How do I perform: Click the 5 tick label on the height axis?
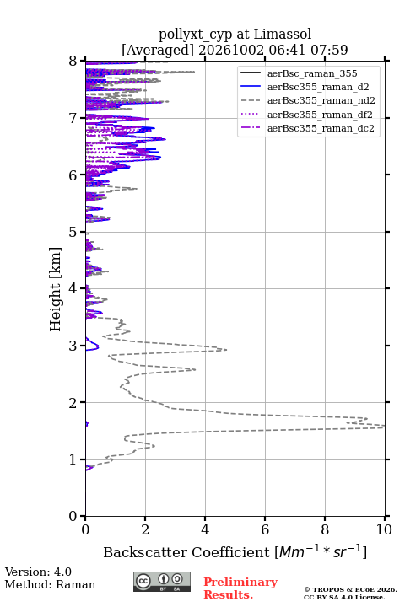73,232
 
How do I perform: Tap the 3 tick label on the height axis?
73,346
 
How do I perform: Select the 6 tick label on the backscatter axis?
265,529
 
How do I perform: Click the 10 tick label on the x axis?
384,529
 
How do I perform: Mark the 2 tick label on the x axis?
145,529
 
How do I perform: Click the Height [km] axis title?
56,289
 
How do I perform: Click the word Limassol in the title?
283,35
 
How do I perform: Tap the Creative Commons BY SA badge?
162,583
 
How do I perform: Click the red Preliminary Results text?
240,588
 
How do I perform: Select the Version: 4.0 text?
38,572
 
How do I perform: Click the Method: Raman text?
50,584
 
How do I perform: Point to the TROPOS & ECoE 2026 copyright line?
350,589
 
